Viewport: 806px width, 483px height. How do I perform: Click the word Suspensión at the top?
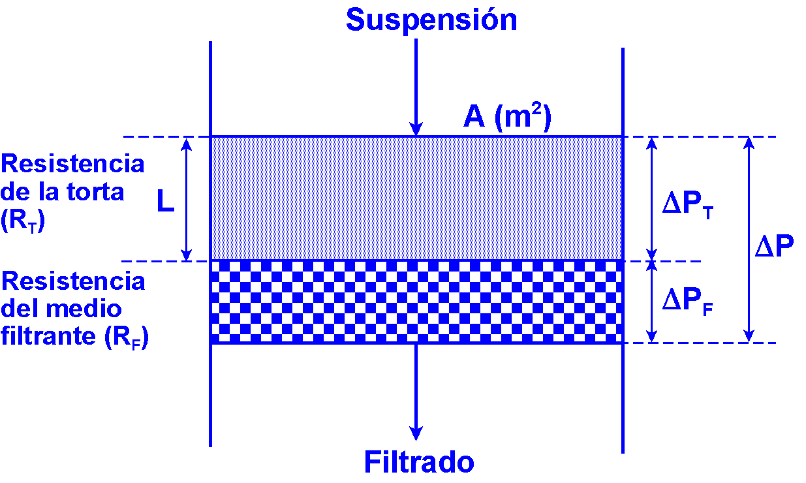(431, 20)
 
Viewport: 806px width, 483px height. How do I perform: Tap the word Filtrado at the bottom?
(419, 462)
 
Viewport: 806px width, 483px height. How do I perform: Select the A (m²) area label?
(508, 117)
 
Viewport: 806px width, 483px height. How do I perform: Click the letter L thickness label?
(166, 203)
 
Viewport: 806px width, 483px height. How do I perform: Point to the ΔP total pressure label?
(774, 247)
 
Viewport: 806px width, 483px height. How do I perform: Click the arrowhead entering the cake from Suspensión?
(416, 129)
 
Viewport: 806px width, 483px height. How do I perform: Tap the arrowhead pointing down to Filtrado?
(416, 433)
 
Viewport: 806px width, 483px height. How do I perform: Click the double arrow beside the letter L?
(187, 199)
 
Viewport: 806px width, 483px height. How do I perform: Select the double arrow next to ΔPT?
(651, 199)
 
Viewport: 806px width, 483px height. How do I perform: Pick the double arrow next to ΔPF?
(651, 302)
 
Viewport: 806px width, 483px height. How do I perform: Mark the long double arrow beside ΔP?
(749, 240)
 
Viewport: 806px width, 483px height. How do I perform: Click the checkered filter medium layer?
(416, 302)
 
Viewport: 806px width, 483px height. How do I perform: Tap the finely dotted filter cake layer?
(416, 199)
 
